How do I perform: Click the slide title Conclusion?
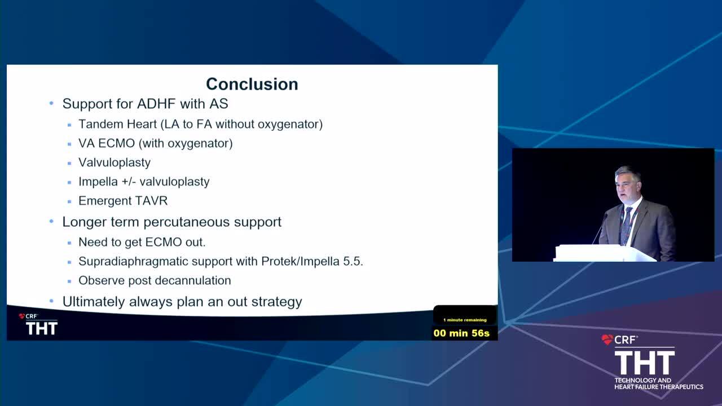252,84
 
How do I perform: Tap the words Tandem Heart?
118,124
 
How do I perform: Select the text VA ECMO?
107,143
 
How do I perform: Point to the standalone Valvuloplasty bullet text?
115,163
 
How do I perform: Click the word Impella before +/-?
98,182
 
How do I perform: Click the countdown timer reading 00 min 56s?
461,333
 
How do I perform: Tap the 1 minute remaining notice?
465,320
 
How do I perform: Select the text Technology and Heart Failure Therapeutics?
659,383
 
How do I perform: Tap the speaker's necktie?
626,226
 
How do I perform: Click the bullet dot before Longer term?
51,222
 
